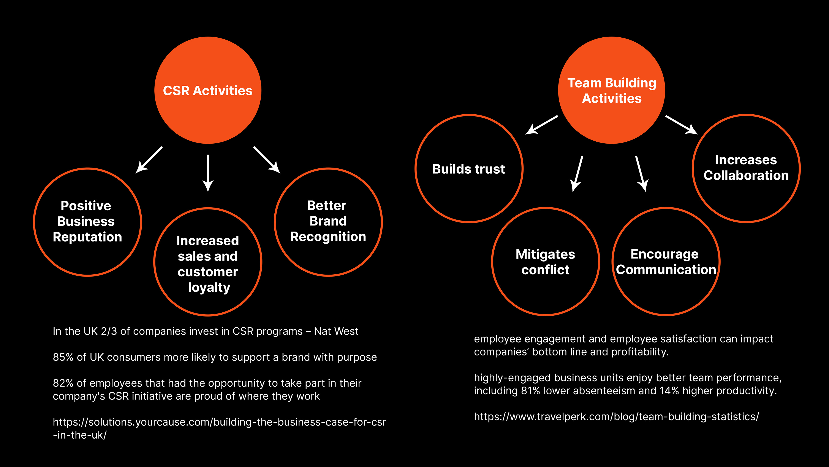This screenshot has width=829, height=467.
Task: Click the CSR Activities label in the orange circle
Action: tap(207, 91)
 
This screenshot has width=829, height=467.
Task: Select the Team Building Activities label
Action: tap(611, 91)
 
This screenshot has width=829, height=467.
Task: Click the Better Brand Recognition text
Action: tap(328, 221)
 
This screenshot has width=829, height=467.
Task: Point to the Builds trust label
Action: tap(468, 169)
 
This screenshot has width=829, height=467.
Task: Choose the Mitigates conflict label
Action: tap(545, 262)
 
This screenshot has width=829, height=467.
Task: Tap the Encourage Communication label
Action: tap(666, 262)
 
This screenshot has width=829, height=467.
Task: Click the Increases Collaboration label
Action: tap(746, 168)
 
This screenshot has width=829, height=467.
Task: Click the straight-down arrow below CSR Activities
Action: tap(208, 173)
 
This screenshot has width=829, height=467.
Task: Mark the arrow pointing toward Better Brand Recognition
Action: tap(267, 160)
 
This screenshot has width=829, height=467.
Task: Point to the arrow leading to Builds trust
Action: tap(542, 124)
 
